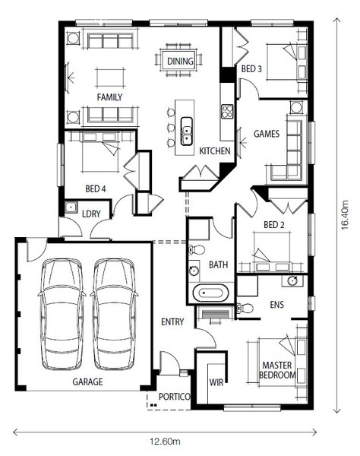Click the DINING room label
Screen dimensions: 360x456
point(180,62)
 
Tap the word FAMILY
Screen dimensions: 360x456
point(109,97)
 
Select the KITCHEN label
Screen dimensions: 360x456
point(215,151)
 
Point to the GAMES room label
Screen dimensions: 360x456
point(267,134)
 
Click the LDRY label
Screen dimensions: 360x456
point(91,214)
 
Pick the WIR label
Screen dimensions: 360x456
point(216,382)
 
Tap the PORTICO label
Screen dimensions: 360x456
point(175,397)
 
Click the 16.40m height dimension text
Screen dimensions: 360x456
point(345,215)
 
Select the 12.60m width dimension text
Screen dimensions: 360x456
point(165,442)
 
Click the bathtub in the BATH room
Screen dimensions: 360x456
point(210,293)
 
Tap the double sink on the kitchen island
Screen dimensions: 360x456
point(187,131)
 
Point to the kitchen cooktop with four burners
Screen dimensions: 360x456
point(227,111)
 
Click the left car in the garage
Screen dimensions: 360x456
point(62,314)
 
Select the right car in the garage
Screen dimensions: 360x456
point(114,314)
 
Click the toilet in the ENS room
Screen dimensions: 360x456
point(245,308)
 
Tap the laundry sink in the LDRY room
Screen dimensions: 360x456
point(71,207)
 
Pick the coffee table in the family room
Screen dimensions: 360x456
point(110,78)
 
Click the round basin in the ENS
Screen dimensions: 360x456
point(292,280)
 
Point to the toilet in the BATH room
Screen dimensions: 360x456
point(197,249)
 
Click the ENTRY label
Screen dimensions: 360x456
point(172,322)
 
